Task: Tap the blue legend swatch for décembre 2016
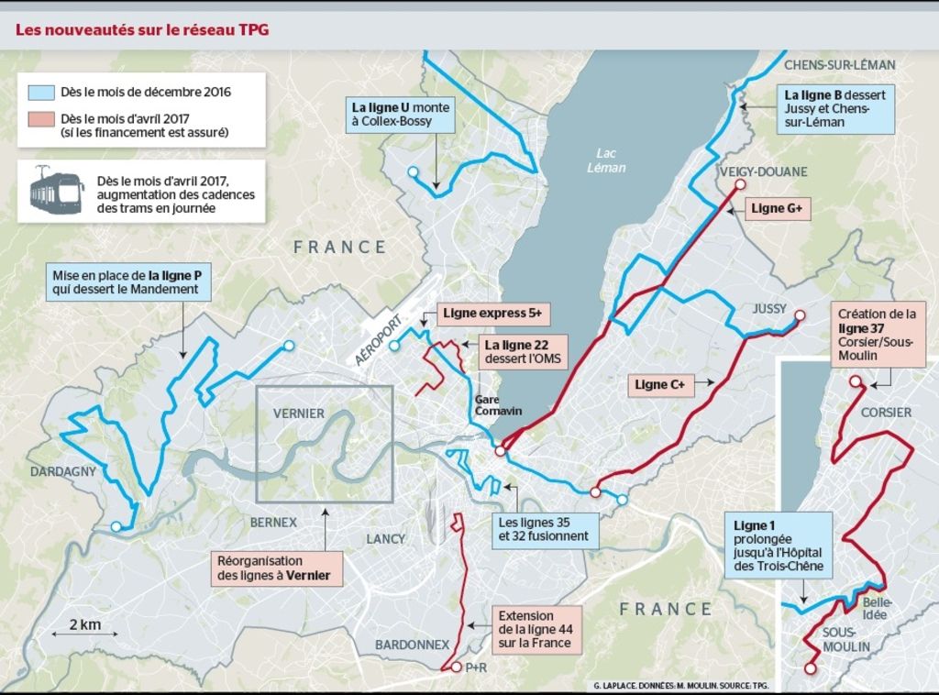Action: click(x=41, y=93)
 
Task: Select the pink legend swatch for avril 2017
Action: click(x=41, y=119)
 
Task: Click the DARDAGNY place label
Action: click(x=63, y=471)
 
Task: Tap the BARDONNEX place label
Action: click(x=412, y=645)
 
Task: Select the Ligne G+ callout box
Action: click(x=777, y=209)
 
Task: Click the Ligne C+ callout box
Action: click(x=661, y=385)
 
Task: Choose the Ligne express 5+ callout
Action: click(x=492, y=314)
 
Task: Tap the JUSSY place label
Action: click(x=769, y=309)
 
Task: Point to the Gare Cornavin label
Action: click(x=498, y=405)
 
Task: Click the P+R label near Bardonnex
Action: click(x=475, y=667)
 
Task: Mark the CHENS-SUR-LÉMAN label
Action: click(x=839, y=65)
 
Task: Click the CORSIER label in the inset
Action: click(x=886, y=413)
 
